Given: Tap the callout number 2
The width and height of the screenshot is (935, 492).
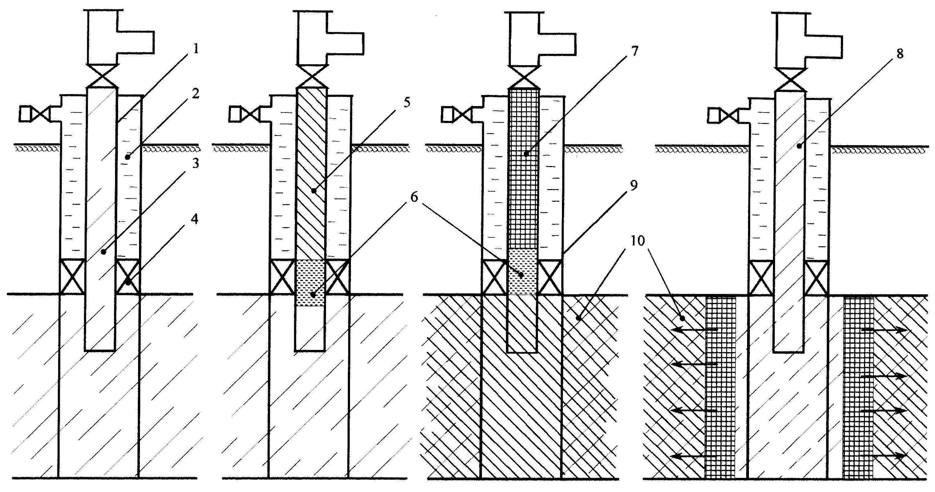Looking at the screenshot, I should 196,94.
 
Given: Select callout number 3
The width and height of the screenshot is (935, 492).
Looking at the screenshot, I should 196,164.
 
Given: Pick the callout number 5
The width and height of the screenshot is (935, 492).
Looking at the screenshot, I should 406,103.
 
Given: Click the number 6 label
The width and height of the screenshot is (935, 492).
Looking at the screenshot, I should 414,197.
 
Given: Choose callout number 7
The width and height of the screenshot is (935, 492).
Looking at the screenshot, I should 634,51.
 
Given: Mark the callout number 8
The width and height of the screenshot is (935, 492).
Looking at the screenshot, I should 899,54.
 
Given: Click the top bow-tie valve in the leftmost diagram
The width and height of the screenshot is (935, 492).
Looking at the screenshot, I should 102,76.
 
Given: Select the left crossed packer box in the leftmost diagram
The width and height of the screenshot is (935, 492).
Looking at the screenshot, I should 72,276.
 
